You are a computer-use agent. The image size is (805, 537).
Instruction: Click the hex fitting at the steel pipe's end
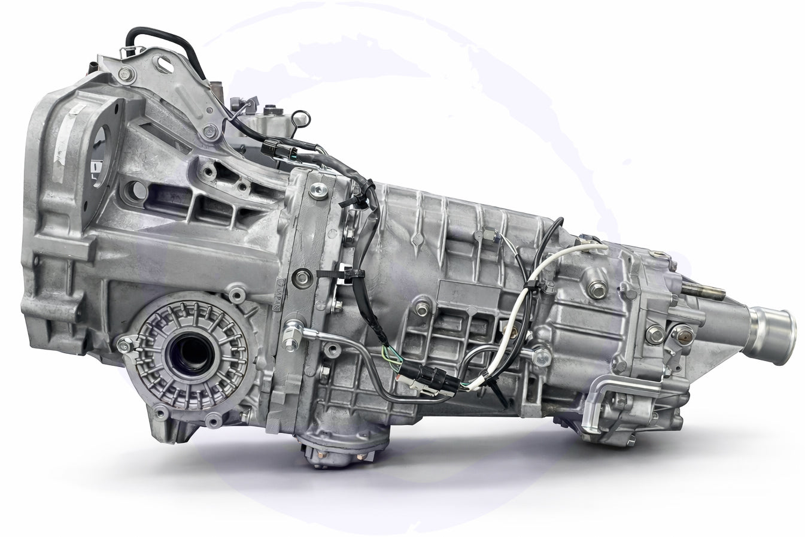pos(293,328)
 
